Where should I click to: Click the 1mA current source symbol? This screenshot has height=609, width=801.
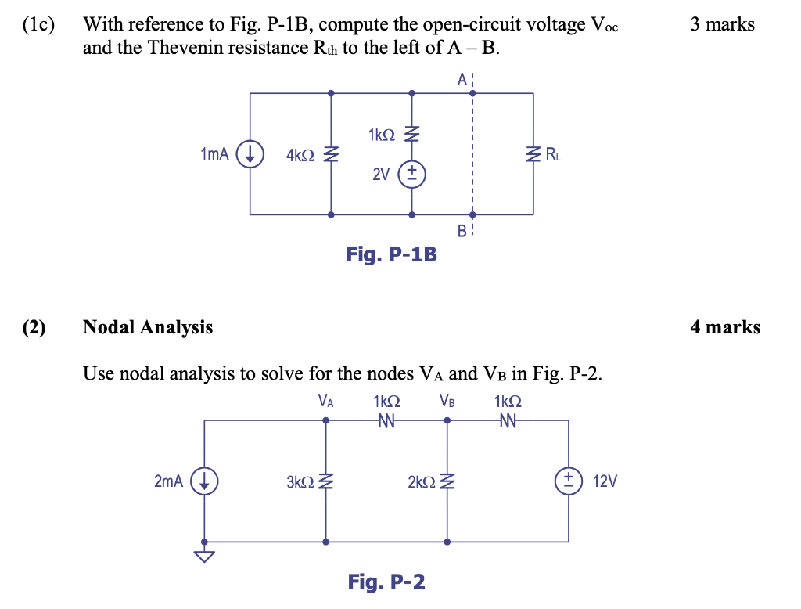coord(250,154)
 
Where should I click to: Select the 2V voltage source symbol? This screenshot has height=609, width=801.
coord(412,174)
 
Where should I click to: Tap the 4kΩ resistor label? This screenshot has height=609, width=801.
coord(301,155)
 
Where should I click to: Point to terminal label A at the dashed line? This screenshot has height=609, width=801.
coord(462,79)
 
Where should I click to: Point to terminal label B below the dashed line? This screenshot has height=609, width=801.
coord(462,230)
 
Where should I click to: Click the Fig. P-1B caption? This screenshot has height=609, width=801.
coord(391,254)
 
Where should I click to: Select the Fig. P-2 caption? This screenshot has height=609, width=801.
coord(386,582)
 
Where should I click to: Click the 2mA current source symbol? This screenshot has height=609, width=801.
coord(204,481)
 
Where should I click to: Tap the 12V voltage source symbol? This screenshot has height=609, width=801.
coord(567,481)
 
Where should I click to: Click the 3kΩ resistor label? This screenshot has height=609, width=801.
coord(301,481)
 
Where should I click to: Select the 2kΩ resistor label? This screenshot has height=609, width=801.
coord(422,481)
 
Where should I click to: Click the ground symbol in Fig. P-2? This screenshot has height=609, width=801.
coord(204,556)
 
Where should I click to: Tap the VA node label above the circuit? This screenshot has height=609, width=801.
coord(325,402)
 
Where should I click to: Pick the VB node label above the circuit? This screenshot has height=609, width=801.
coord(447,402)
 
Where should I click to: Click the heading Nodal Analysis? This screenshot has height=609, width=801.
coord(148,327)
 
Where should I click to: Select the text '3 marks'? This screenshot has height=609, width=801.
coord(722,24)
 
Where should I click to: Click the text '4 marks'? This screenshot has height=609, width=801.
coord(724,327)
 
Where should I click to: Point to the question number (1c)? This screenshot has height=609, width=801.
coord(39,25)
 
